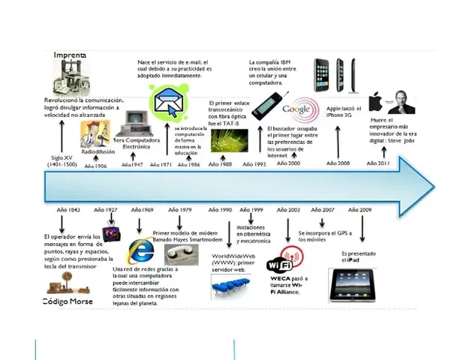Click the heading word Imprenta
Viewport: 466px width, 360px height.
(70, 55)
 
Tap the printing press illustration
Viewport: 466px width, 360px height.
(73, 77)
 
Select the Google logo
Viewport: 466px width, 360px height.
(296, 109)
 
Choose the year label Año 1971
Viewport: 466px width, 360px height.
(161, 164)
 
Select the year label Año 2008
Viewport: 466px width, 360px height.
(338, 163)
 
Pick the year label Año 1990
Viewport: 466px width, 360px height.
(219, 210)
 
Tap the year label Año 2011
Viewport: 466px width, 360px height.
(377, 163)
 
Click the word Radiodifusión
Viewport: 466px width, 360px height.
(98, 151)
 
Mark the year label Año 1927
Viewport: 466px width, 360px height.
(106, 210)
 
